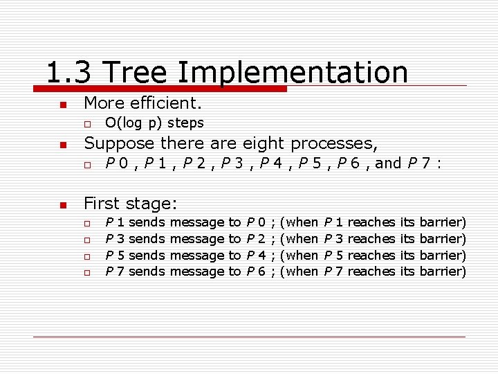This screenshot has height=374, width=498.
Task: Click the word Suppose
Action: point(119,143)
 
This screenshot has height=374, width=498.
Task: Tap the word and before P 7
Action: point(388,163)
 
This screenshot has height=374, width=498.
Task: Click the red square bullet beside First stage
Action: point(62,204)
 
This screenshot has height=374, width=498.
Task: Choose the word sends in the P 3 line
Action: point(147,239)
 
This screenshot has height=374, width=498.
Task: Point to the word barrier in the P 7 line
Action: point(443,271)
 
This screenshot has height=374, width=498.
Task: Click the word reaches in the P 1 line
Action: point(371,222)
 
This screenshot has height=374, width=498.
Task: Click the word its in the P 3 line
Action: point(407,239)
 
